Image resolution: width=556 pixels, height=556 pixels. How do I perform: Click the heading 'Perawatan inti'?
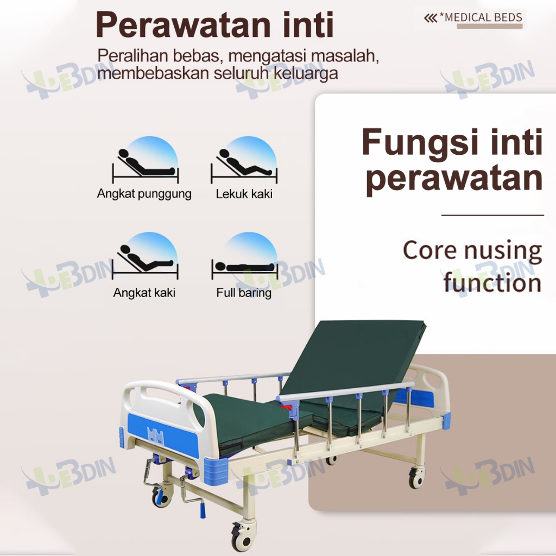pyautogui.click(x=214, y=25)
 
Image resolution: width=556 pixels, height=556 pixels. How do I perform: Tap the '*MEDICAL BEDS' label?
pyautogui.click(x=481, y=17)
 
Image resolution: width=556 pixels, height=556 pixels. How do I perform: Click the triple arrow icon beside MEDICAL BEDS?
pyautogui.click(x=431, y=18)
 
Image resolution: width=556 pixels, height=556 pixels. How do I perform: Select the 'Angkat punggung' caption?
pyautogui.click(x=144, y=194)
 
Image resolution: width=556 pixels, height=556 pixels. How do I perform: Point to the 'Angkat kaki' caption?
pyautogui.click(x=144, y=293)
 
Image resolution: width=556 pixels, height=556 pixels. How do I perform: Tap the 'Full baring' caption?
pyautogui.click(x=244, y=293)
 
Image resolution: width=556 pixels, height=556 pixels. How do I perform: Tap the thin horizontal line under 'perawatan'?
pyautogui.click(x=492, y=215)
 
